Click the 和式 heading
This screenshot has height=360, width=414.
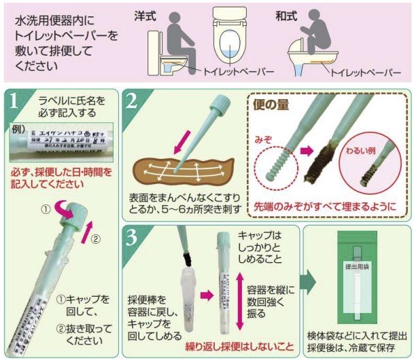286,14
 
